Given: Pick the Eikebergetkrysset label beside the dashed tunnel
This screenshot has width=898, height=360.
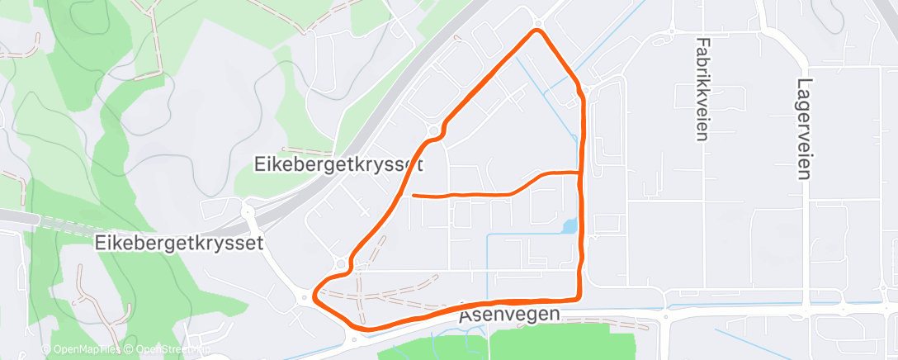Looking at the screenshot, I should click(x=179, y=243).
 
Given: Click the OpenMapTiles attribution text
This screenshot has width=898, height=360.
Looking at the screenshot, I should click(x=86, y=349).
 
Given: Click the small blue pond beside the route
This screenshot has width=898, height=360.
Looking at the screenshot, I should click(x=569, y=225).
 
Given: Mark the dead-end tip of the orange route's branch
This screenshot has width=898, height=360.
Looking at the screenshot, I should click(x=413, y=196).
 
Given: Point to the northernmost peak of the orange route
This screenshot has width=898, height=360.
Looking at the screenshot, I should click(x=538, y=31).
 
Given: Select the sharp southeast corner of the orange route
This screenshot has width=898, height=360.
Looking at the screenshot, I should click(x=579, y=297).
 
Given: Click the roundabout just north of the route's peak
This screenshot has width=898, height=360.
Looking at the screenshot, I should click(x=537, y=22).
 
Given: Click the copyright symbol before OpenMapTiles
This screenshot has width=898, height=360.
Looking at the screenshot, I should click(x=46, y=349).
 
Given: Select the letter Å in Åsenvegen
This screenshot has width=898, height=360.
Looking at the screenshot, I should click(x=466, y=316).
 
